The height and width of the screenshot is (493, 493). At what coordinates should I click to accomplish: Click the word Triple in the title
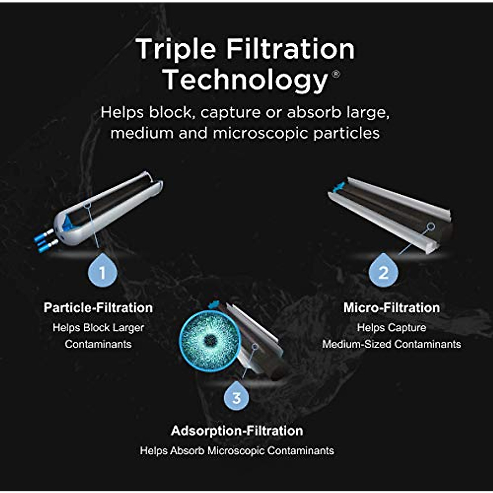[176, 49]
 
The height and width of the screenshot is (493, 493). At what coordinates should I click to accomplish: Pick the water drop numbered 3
[237, 397]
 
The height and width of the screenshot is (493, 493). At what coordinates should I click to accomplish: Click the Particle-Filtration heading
[98, 308]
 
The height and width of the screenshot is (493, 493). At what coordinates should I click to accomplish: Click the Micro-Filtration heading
[392, 308]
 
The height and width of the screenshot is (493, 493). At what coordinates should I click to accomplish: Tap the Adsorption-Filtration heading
[237, 431]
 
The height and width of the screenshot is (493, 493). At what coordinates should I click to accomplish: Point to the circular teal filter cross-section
[210, 339]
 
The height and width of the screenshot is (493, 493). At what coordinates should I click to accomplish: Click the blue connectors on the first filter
[44, 242]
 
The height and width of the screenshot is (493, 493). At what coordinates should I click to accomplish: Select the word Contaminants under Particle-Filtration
[98, 344]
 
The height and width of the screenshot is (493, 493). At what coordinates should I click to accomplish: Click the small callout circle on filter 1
[87, 204]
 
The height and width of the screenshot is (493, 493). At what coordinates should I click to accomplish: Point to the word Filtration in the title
[290, 49]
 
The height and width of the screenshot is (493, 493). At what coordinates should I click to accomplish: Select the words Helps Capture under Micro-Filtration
[392, 327]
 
